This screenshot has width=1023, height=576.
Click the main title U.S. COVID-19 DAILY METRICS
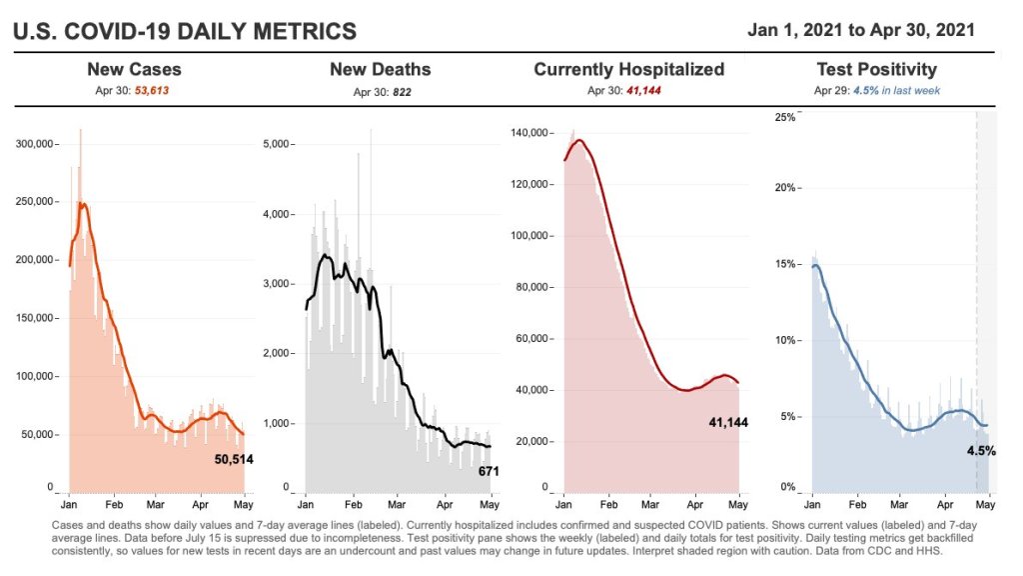[184, 32]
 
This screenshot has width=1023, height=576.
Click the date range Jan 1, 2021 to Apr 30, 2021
[861, 30]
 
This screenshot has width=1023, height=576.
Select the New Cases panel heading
[134, 69]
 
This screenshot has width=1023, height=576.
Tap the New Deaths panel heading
[381, 69]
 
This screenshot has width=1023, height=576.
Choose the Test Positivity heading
[876, 69]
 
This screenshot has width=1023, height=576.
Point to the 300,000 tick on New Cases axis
[37, 144]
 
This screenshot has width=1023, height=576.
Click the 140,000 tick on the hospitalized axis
[530, 133]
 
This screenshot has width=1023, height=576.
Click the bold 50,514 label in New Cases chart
[236, 459]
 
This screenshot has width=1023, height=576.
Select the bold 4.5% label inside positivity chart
[980, 451]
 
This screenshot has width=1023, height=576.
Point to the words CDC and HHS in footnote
[899, 550]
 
